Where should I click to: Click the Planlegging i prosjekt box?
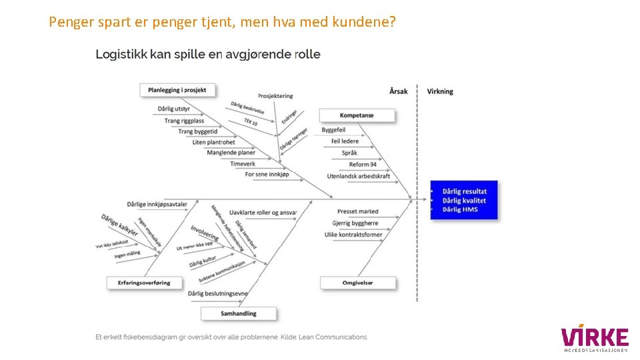tap(177, 90)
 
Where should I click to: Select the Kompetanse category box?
tap(357, 115)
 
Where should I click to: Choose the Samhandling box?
tap(238, 313)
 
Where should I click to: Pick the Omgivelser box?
tap(358, 283)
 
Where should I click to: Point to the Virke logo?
tap(595, 338)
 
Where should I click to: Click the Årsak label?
tap(398, 91)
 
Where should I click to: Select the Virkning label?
tap(440, 91)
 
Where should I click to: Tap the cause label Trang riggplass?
tap(184, 121)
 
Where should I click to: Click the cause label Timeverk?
tap(243, 163)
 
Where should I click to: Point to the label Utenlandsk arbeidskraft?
tap(359, 176)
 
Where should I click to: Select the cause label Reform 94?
tap(363, 165)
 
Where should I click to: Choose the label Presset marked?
tap(357, 211)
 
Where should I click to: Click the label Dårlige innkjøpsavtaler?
tap(157, 204)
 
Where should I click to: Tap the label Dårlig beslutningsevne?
tap(218, 293)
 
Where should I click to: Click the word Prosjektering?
tap(275, 97)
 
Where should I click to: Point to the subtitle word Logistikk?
tap(121, 55)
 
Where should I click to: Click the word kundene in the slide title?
tap(365, 23)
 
